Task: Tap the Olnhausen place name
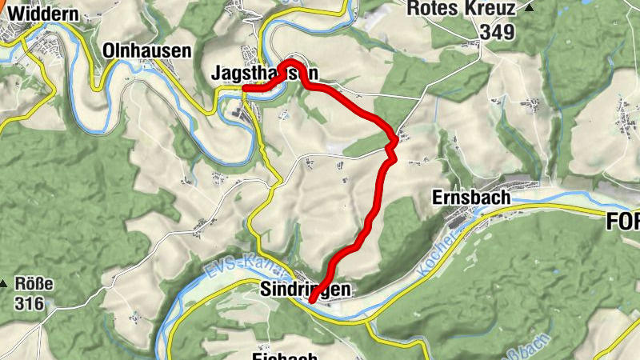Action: (x=147, y=51)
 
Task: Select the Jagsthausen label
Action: (x=263, y=73)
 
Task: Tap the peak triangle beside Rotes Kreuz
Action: (x=530, y=8)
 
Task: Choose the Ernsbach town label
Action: (x=471, y=195)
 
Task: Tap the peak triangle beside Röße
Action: (x=5, y=284)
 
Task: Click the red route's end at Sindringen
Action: (x=311, y=301)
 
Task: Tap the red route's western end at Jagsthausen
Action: (x=244, y=88)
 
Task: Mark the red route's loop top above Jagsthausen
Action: (x=293, y=62)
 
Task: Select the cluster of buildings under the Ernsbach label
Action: (x=464, y=218)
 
